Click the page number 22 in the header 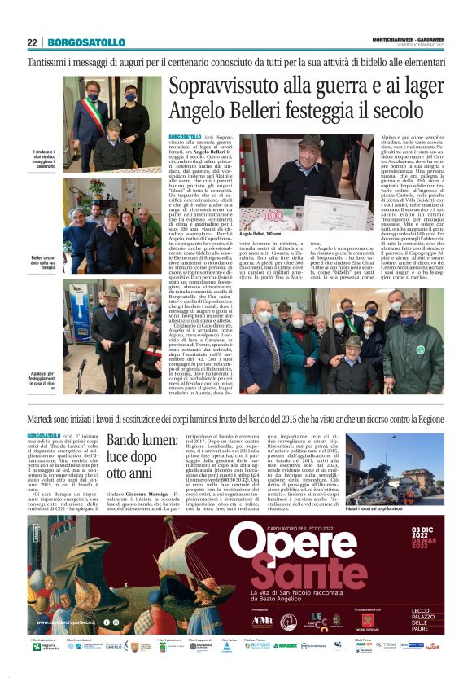(33, 42)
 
